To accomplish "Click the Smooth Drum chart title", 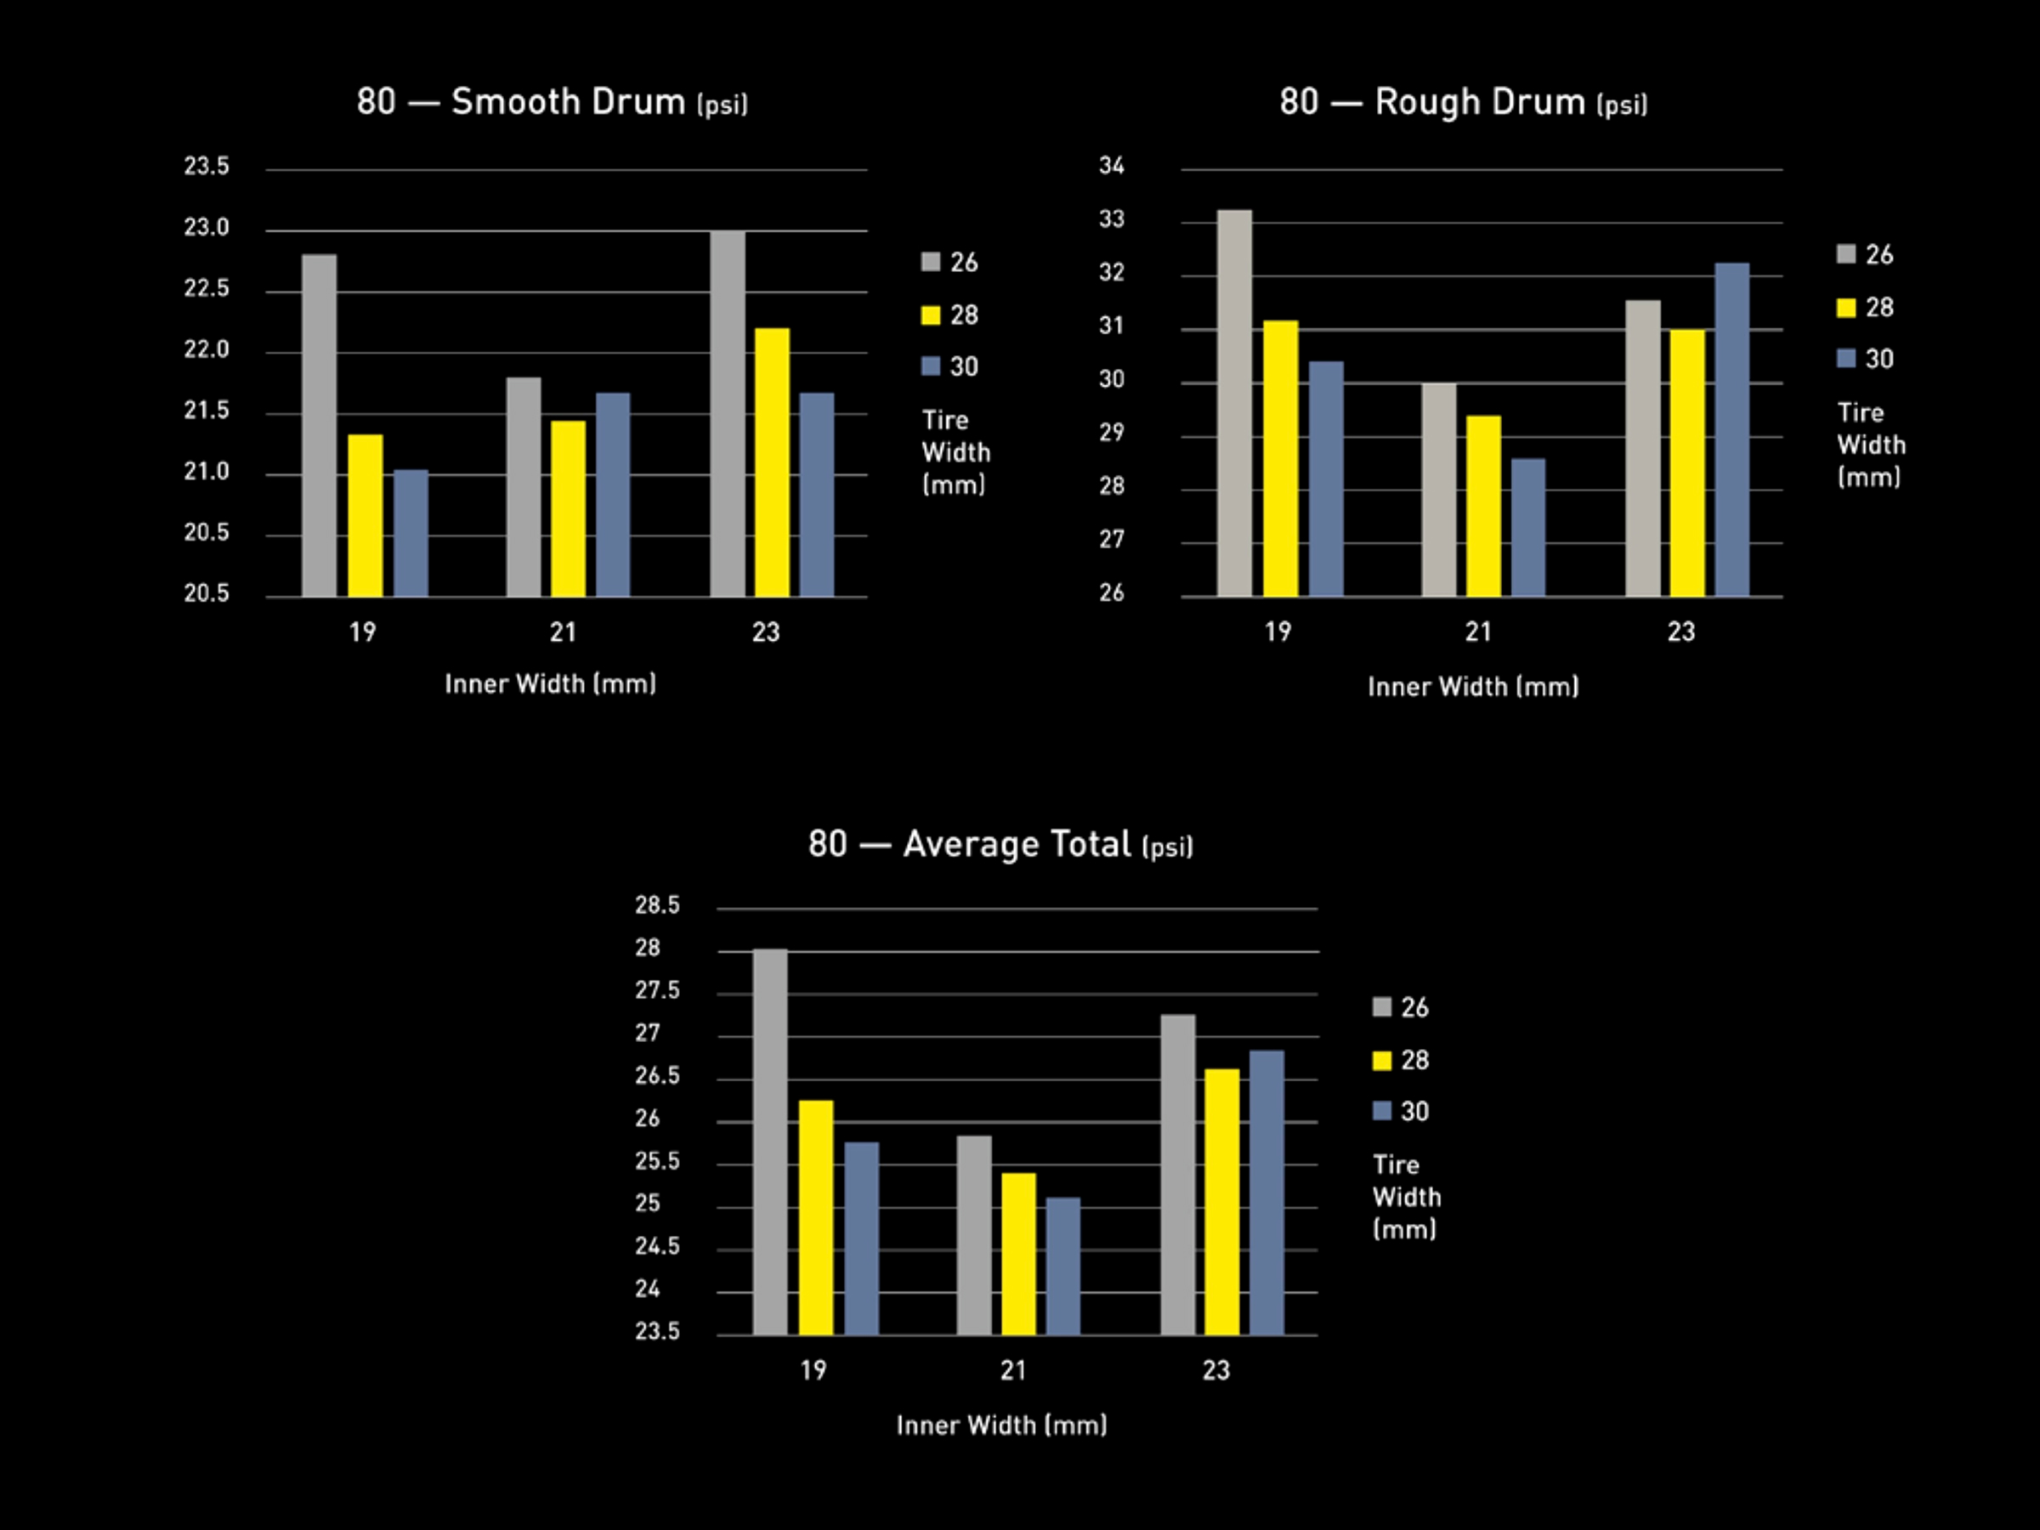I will click(x=552, y=101).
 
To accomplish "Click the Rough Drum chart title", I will click(x=1463, y=101).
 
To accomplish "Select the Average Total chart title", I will click(x=1000, y=844).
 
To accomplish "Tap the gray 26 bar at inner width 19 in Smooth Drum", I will click(x=319, y=424).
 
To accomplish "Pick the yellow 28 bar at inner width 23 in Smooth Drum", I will click(x=772, y=461).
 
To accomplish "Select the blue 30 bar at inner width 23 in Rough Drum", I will click(x=1732, y=429).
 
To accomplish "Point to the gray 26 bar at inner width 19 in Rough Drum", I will click(x=1235, y=402).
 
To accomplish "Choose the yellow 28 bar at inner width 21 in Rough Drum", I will click(x=1483, y=506).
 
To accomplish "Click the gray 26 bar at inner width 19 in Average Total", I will click(x=770, y=1141).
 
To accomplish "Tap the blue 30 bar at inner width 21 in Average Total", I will click(x=1063, y=1266).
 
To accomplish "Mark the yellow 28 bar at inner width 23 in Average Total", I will click(x=1222, y=1201).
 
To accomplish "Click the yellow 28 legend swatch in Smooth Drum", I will click(x=931, y=315).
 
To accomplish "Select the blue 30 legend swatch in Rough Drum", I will click(x=1845, y=359).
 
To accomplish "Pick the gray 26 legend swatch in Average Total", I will click(x=1381, y=1007).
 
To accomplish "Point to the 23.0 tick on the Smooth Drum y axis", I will click(x=207, y=228).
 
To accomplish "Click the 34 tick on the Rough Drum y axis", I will click(x=1111, y=166).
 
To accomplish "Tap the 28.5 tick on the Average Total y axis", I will click(x=657, y=905).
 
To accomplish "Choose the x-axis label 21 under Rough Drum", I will click(x=1478, y=632).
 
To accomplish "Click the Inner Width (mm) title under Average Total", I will click(x=1001, y=1425).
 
